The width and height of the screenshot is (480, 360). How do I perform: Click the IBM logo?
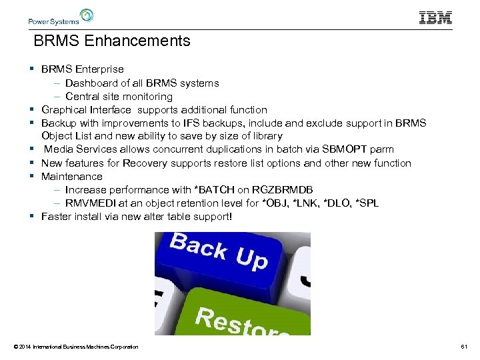[x=435, y=17]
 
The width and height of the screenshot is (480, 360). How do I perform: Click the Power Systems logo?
[x=61, y=17]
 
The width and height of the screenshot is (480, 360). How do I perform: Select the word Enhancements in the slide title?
[x=137, y=41]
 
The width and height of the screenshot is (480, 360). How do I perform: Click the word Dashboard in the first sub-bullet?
[x=91, y=83]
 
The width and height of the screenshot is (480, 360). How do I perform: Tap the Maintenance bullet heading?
[x=72, y=177]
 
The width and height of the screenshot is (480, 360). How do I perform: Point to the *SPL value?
[x=367, y=203]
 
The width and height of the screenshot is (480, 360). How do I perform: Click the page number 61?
[x=464, y=347]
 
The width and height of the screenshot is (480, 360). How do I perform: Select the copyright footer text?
[x=75, y=347]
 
